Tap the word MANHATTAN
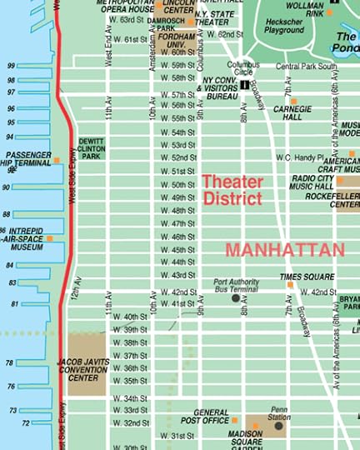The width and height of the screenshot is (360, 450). click(284, 250)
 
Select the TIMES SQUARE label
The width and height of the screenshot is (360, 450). click(307, 276)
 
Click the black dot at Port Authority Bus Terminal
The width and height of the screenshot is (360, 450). click(236, 297)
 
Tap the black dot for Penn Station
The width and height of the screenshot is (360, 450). click(278, 425)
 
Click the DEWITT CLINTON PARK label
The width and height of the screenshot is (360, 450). click(90, 149)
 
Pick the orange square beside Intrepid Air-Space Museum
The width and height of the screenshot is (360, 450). click(50, 238)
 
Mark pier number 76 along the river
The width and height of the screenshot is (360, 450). click(11, 387)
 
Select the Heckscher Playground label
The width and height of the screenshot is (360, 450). click(284, 26)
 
